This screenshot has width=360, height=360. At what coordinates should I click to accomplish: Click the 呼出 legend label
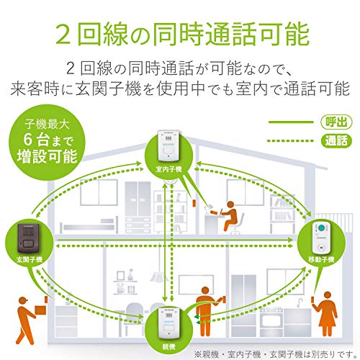pyautogui.click(x=336, y=122)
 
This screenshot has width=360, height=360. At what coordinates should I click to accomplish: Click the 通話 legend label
pyautogui.click(x=336, y=140)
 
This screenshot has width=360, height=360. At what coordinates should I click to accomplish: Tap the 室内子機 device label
pyautogui.click(x=168, y=169)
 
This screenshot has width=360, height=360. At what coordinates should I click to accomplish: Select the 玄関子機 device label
pyautogui.click(x=30, y=259)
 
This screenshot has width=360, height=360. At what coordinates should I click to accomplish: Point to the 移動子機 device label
pyautogui.click(x=321, y=259)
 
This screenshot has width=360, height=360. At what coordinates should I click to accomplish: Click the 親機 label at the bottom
pyautogui.click(x=168, y=346)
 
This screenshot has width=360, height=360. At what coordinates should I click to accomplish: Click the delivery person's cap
pyautogui.click(x=23, y=300)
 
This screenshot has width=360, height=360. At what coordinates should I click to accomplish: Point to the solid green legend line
pyautogui.click(x=291, y=122)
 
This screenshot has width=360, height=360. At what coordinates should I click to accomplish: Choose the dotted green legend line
pyautogui.click(x=291, y=141)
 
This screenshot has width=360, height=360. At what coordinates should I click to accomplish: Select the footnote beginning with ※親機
pyautogui.click(x=276, y=354)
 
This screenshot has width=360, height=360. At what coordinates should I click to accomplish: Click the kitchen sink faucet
pyautogui.click(x=299, y=303)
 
